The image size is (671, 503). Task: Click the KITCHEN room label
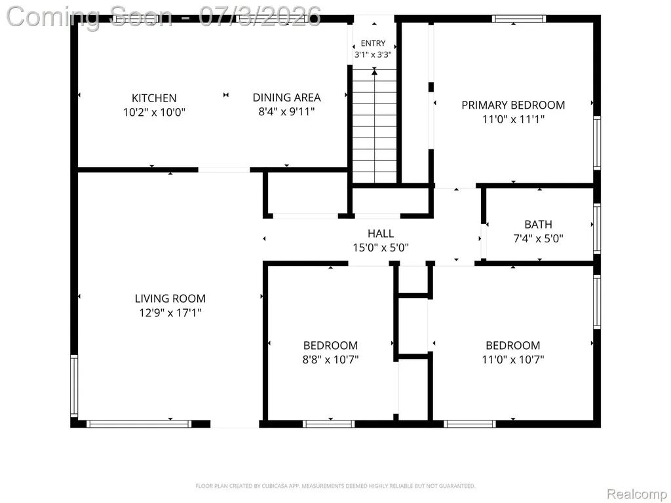(x=154, y=98)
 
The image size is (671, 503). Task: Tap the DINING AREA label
(x=287, y=98)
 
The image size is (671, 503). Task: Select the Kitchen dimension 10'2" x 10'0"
(x=154, y=113)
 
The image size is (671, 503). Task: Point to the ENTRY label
(x=373, y=43)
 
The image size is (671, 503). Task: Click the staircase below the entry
(x=374, y=126)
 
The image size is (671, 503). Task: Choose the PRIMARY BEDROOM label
(x=513, y=105)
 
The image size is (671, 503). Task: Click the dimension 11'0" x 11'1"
(x=513, y=119)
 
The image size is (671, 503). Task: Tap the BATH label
(x=539, y=225)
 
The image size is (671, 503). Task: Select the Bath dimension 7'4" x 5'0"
(x=539, y=238)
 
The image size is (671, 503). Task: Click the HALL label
(x=381, y=234)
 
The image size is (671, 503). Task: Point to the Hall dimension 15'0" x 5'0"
(x=381, y=248)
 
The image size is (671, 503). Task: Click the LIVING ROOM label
(x=170, y=299)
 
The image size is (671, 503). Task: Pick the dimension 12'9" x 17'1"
(x=170, y=312)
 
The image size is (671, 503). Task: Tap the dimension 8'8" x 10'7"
(x=330, y=360)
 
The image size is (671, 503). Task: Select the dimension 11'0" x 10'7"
(x=513, y=360)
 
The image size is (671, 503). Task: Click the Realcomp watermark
(x=638, y=494)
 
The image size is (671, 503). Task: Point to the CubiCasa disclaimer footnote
(x=335, y=486)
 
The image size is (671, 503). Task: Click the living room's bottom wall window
(x=139, y=424)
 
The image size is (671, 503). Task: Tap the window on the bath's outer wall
(x=597, y=229)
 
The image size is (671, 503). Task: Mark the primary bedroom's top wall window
(x=519, y=19)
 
